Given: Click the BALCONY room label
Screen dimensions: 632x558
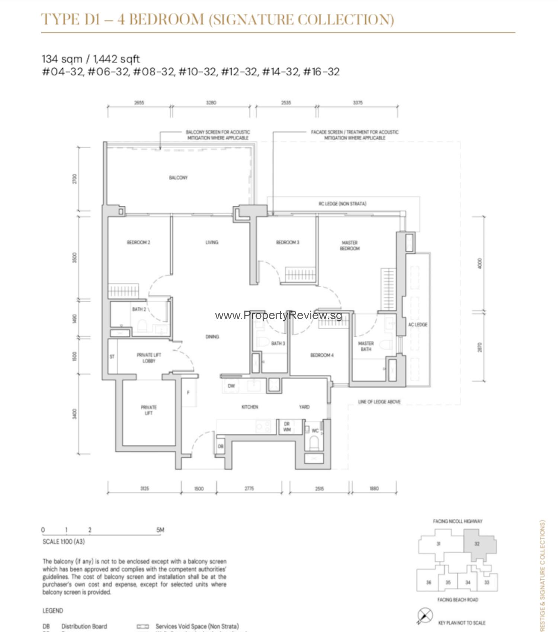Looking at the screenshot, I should (178, 178).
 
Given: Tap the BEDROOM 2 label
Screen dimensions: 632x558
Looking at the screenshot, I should (138, 242).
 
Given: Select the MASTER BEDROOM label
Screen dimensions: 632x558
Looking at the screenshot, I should (350, 245).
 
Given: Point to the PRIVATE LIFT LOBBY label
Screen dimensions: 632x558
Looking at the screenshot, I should (149, 358).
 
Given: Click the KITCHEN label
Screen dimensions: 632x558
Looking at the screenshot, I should (250, 407).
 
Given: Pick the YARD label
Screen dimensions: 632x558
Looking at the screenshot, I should (304, 407).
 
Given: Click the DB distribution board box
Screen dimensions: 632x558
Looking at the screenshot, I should (221, 446).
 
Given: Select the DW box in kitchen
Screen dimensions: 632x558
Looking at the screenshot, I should (231, 386).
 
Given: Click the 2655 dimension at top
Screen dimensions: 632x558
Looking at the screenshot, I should (139, 102).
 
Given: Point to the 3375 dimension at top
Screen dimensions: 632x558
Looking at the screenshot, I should (357, 102).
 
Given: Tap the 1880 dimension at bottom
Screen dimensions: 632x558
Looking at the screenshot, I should (374, 488).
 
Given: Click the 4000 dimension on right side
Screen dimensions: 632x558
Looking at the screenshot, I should (480, 263).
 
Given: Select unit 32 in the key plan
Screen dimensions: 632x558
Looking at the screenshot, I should (477, 544).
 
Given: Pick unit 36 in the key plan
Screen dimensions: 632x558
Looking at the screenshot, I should (429, 582).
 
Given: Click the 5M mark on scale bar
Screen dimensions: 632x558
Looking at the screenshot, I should (160, 530).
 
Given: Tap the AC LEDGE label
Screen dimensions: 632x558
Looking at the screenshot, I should (418, 325).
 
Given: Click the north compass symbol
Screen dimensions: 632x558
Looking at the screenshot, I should (425, 615).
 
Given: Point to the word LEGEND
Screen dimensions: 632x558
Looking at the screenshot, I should (52, 611).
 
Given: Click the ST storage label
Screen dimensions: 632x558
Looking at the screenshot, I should (112, 357).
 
